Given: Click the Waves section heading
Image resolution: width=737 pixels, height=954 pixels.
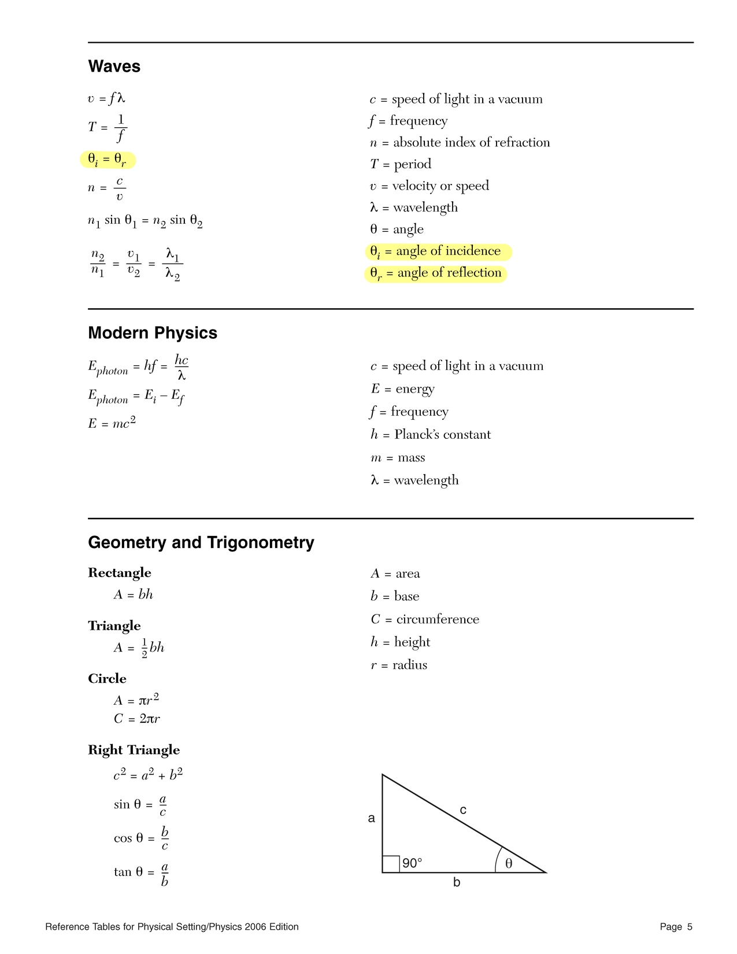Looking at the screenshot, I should click(x=114, y=66).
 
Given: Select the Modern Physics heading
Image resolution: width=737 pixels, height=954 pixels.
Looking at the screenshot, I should click(x=153, y=333).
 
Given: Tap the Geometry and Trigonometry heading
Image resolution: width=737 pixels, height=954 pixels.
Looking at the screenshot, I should click(x=201, y=542).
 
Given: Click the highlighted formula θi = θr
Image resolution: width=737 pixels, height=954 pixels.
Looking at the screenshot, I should click(x=108, y=160).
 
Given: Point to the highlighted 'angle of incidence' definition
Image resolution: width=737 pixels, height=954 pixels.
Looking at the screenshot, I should click(x=438, y=252).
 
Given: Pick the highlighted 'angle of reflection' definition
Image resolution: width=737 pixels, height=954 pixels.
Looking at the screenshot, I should click(x=436, y=273).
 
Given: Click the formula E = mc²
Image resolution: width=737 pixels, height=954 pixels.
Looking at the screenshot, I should click(x=112, y=423).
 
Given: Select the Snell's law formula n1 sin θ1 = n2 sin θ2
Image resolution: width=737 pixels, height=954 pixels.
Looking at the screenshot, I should click(x=145, y=221).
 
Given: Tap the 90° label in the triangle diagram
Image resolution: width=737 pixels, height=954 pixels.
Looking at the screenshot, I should click(x=412, y=863).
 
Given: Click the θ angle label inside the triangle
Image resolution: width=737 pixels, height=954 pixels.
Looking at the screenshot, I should click(x=509, y=863).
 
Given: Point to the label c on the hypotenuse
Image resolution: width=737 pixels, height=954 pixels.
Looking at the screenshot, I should click(x=463, y=810).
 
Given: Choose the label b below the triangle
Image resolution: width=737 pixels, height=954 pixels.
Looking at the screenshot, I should click(x=457, y=883).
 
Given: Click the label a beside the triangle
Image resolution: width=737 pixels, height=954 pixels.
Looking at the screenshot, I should click(x=372, y=818).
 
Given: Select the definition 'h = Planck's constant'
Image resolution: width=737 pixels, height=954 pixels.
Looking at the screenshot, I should click(x=431, y=435).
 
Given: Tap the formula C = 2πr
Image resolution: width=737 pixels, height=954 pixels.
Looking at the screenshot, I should click(x=137, y=719).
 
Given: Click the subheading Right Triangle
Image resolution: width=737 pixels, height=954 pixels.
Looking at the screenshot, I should click(x=134, y=750).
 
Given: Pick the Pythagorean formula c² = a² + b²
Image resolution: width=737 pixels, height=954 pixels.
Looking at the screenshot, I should click(x=149, y=775).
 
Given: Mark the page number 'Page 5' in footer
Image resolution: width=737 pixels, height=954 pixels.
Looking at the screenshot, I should click(x=676, y=927).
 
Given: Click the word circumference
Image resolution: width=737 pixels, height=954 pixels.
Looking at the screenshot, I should click(x=438, y=619).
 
